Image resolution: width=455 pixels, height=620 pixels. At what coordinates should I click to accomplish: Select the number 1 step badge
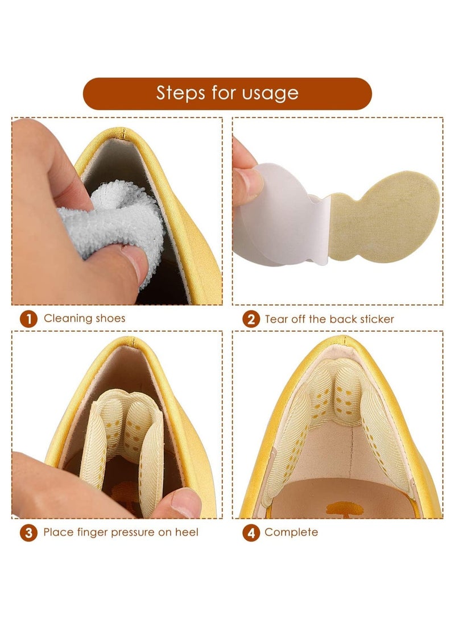pyautogui.click(x=28, y=319)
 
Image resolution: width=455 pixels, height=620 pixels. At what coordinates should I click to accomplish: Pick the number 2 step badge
pyautogui.click(x=251, y=319)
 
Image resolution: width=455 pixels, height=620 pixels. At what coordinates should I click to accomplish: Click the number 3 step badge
pyautogui.click(x=28, y=532)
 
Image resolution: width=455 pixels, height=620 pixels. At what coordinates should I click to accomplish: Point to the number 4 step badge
pyautogui.click(x=251, y=532)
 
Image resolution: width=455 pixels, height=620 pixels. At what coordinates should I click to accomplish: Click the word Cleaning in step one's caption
pyautogui.click(x=68, y=319)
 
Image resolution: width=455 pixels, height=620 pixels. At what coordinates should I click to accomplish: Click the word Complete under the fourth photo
pyautogui.click(x=291, y=532)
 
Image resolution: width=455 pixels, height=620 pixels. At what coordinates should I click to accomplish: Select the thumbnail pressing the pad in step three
pyautogui.click(x=186, y=503)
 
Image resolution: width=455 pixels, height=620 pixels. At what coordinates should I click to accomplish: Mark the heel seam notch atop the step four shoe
pyautogui.click(x=345, y=339)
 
